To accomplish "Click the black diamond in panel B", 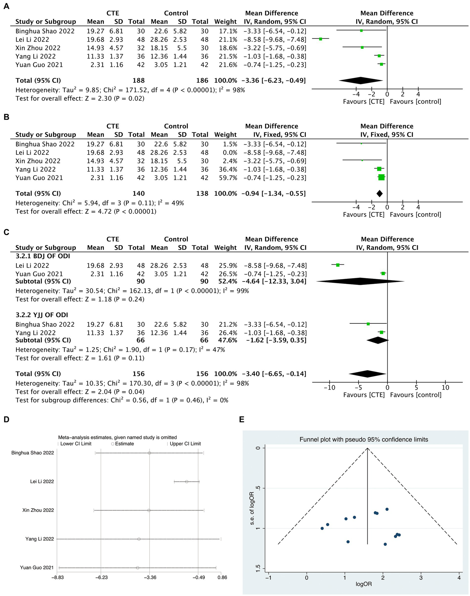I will (379, 193).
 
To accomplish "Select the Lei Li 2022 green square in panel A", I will (321, 39).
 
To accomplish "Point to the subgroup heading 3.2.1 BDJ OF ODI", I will (43, 256).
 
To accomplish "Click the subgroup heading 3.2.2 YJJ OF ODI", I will (42, 315).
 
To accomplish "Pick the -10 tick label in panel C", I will (329, 388).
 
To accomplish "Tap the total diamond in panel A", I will (361, 80).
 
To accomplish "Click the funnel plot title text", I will (364, 440).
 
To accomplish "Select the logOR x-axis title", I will (364, 584).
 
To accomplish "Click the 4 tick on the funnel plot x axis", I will (459, 578).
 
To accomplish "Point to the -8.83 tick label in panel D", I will (58, 578).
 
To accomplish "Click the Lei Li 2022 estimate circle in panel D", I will (186, 482).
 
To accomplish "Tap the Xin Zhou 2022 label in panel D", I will (38, 510).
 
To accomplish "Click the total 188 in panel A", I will (139, 80).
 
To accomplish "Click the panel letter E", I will (242, 419).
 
